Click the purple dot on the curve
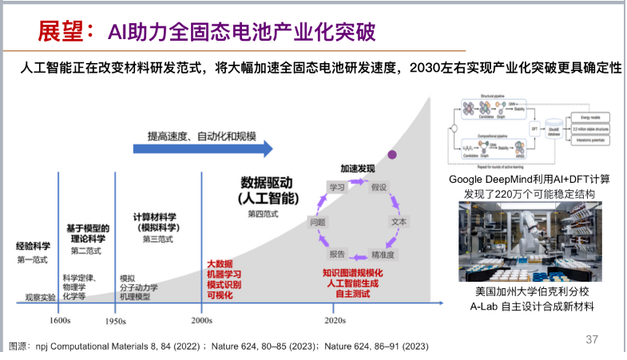point(392,154)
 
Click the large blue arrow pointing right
point(203,148)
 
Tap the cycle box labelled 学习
point(336,186)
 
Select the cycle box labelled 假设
point(379,186)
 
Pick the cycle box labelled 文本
point(398,220)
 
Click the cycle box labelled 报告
point(337,254)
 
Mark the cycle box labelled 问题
point(317,220)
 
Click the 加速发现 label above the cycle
point(357,169)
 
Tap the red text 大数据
point(220,263)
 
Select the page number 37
point(592,339)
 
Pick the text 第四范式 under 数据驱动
point(264,214)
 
